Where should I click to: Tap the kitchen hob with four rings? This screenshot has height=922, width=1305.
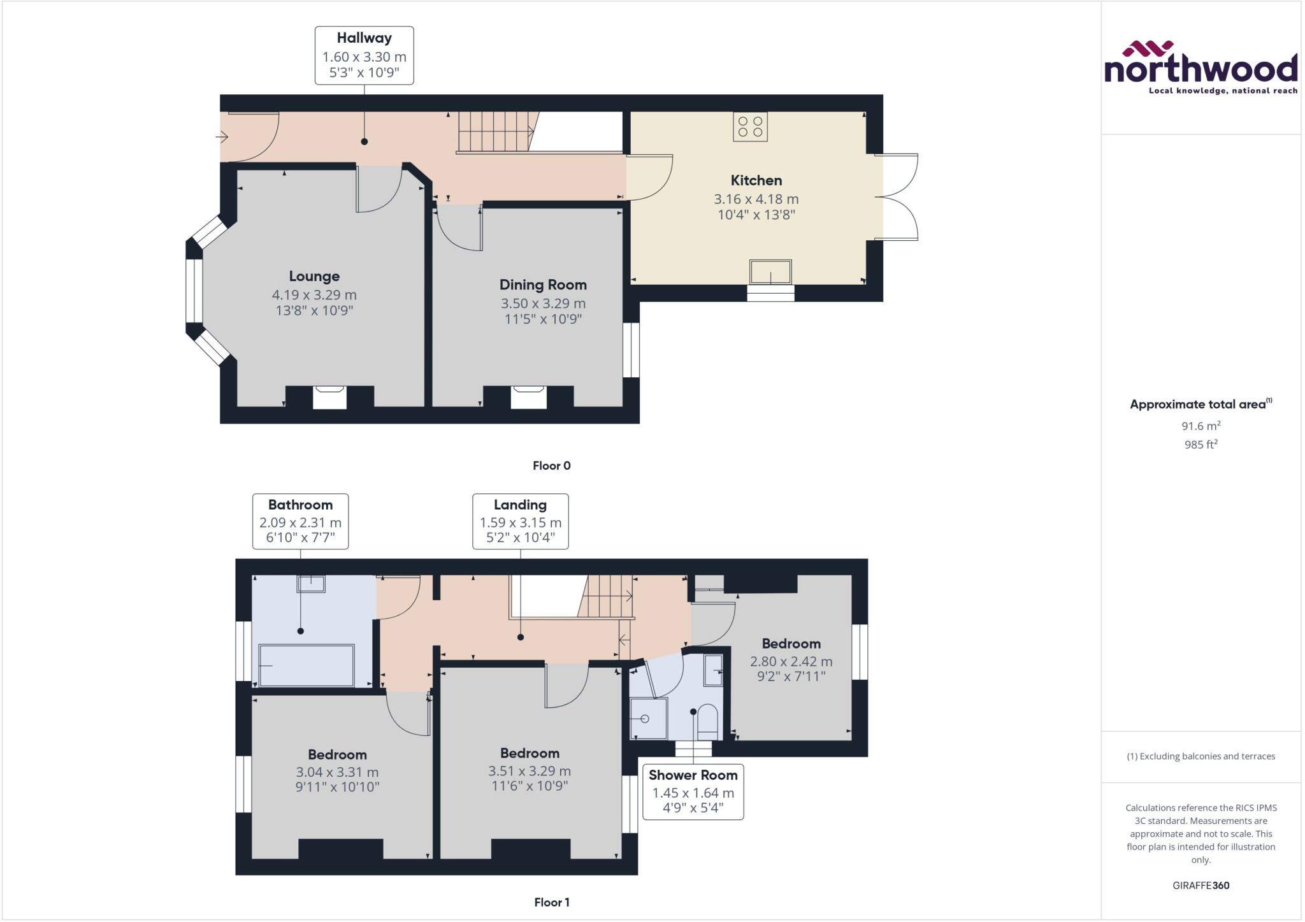[750, 126]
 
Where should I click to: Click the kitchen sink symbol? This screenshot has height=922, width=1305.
[770, 272]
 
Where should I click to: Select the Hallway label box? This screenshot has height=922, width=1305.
[364, 55]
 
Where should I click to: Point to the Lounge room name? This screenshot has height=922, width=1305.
[314, 276]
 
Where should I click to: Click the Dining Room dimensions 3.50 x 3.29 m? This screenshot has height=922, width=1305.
[543, 303]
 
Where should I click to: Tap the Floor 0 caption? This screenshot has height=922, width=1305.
[551, 466]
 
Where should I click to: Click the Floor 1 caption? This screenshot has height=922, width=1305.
[551, 902]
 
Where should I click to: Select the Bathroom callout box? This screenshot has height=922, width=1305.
[300, 521]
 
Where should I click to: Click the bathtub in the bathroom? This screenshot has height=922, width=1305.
[306, 665]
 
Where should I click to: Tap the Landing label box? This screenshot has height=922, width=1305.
[520, 521]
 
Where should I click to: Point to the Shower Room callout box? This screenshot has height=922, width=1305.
[693, 792]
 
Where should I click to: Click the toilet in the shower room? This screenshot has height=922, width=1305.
[707, 720]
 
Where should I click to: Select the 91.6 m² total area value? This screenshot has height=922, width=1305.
[1200, 426]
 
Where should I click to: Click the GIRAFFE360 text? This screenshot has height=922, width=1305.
[1200, 885]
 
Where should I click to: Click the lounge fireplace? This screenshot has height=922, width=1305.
[329, 397]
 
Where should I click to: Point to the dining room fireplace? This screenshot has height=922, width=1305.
[528, 397]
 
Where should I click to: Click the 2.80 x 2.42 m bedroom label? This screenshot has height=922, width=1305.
[791, 661]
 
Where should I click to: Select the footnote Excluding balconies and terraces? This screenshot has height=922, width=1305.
[1200, 756]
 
